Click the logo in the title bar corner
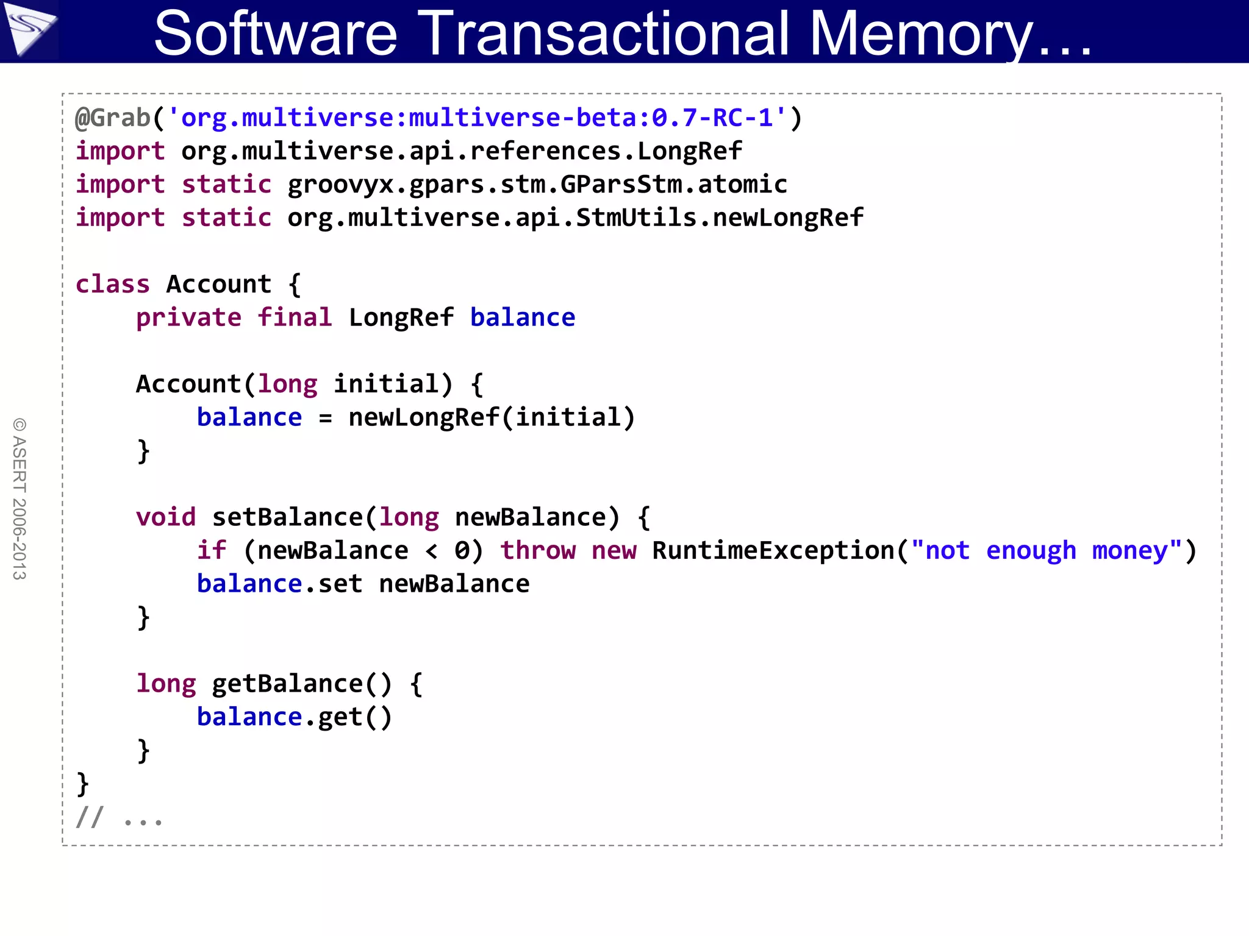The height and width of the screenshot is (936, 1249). click(x=29, y=29)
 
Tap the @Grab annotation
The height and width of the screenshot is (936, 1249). click(x=113, y=118)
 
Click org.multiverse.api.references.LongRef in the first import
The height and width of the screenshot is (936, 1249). click(x=462, y=151)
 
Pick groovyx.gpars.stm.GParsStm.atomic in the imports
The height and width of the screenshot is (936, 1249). click(x=537, y=185)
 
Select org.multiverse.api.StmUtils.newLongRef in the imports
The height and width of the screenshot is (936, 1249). click(x=575, y=218)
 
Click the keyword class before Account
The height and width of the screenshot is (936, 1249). click(x=112, y=285)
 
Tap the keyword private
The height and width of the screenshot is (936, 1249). click(x=188, y=318)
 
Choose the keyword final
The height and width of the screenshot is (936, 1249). click(x=295, y=318)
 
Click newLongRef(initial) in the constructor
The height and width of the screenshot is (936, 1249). click(x=492, y=418)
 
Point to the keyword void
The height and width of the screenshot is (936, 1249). click(x=166, y=517)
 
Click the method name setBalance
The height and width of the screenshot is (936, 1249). click(x=287, y=517)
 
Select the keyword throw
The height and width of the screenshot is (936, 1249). click(x=537, y=551)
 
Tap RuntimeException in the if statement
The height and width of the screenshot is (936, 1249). click(x=773, y=551)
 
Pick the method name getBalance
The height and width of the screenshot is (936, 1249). click(x=287, y=684)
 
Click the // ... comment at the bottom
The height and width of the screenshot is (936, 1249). click(x=119, y=817)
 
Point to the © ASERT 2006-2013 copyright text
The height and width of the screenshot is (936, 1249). click(x=20, y=498)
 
